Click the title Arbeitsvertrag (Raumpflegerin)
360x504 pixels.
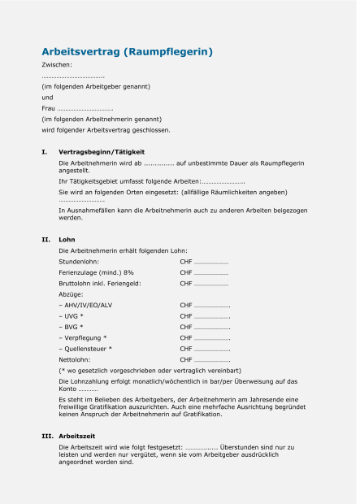tap(127, 52)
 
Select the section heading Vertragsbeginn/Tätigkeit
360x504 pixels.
tap(102, 152)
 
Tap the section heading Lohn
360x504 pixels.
tap(67, 240)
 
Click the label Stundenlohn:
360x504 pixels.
tap(80, 263)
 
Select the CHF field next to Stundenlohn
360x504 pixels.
tap(203, 263)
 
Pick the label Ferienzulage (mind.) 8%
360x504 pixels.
tap(96, 273)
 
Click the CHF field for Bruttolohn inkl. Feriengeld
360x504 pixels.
tap(203, 284)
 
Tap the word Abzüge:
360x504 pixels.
tap(72, 294)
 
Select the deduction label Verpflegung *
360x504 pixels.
tap(82, 337)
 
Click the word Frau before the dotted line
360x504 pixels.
tap(48, 107)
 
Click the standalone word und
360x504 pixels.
tap(46, 97)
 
